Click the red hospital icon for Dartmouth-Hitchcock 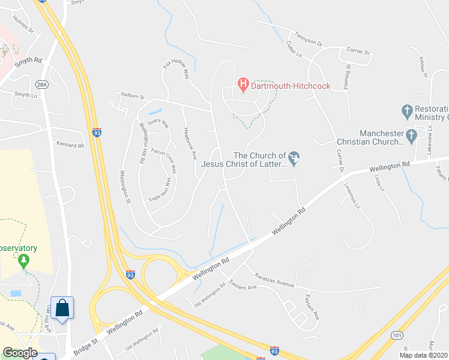243,85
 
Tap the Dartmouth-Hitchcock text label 291,86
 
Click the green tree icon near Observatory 23,260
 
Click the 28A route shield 41,84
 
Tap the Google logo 19,353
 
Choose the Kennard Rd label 70,145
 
